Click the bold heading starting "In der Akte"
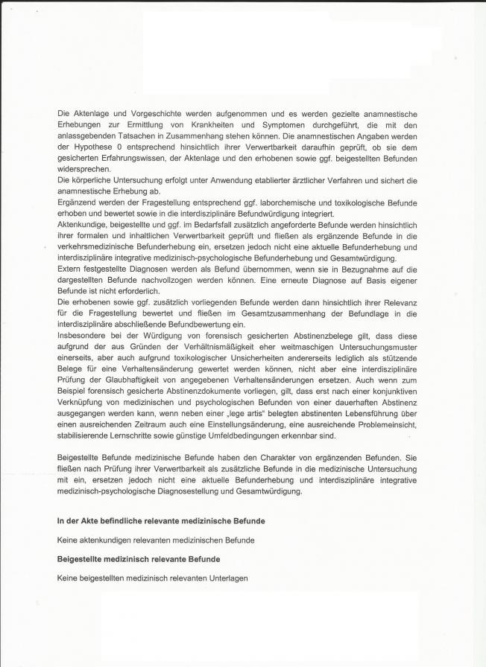161,520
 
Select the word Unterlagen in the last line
225,578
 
